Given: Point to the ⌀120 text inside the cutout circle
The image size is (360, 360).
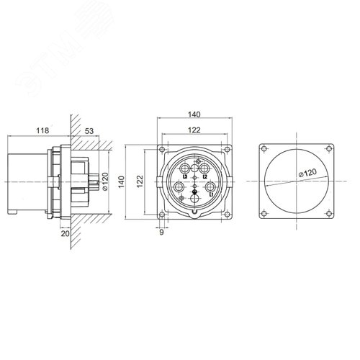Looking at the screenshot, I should [x=307, y=173].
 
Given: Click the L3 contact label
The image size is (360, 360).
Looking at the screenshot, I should [x=185, y=176].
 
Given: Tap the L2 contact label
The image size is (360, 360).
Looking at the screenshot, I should [x=204, y=176].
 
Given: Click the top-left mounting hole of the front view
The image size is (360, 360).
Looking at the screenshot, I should [x=163, y=149].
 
